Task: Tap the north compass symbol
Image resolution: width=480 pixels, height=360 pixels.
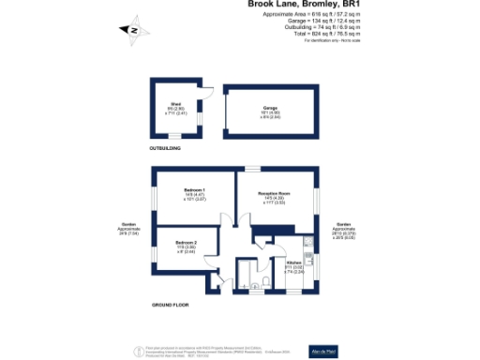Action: click(133, 30)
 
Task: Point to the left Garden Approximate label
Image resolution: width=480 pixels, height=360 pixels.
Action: click(129, 229)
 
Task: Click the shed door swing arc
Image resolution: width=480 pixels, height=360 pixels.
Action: click(210, 93)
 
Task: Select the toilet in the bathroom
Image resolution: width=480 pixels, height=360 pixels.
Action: click(268, 280)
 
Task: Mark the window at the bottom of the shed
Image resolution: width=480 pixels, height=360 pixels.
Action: click(173, 136)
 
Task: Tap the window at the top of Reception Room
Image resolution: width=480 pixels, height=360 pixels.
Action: click(251, 169)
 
